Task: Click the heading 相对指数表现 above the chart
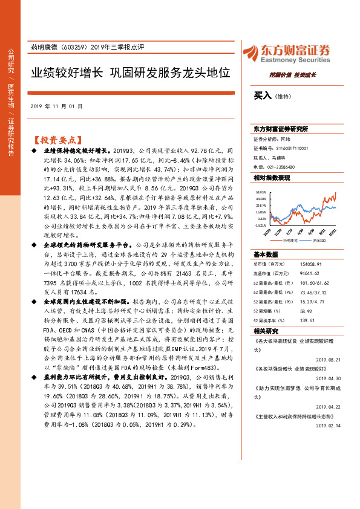[x=272, y=178]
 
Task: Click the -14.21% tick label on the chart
[x=261, y=225]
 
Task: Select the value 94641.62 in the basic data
[x=311, y=273]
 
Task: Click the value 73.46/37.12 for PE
[x=314, y=291]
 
